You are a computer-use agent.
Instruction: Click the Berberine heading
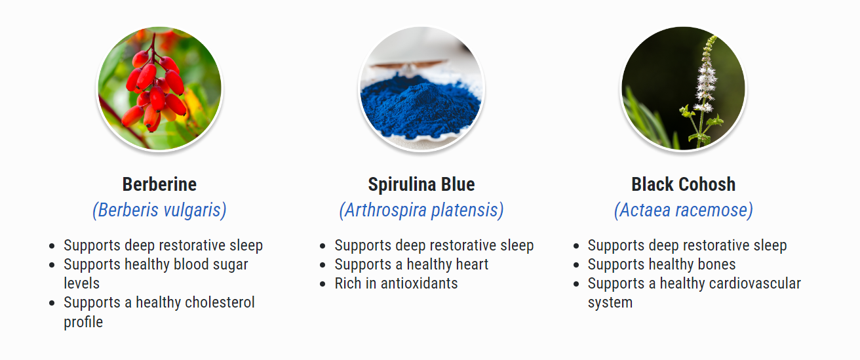point(159,184)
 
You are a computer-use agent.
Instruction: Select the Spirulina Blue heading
point(421,184)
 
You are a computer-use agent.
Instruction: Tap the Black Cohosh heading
point(684,184)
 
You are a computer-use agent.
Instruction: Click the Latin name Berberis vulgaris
point(159,210)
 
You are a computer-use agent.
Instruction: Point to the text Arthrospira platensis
point(421,210)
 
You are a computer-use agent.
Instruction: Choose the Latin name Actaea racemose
point(684,210)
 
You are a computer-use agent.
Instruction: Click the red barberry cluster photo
point(159,89)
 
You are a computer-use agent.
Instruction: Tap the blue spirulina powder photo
point(421,89)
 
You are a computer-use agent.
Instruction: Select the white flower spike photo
point(684,89)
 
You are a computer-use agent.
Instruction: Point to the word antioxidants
point(419,283)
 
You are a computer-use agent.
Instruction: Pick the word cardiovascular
point(730,283)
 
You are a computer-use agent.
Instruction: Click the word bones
point(716,264)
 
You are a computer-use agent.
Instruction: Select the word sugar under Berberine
point(230,265)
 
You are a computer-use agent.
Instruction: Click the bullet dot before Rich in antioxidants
point(322,284)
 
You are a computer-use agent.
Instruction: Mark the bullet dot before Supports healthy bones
point(576,265)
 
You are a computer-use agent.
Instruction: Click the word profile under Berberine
point(83,322)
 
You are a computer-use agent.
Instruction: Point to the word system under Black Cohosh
point(610,303)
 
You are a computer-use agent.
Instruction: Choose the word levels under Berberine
point(81,283)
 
